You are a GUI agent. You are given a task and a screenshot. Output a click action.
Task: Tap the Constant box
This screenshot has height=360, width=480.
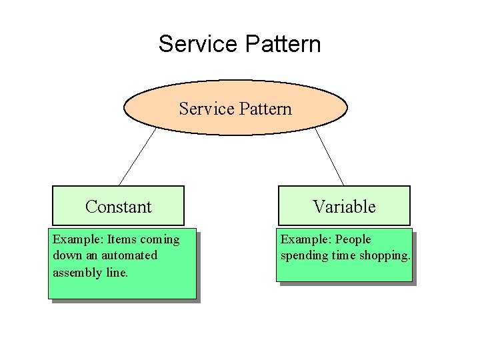pos(118,207)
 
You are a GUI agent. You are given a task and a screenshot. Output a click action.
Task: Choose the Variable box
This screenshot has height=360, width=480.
pos(344,207)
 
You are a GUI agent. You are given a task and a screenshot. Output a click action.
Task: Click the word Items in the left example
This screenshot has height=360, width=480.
pos(121,239)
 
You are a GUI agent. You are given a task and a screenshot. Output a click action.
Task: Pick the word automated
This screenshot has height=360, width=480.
pos(129,255)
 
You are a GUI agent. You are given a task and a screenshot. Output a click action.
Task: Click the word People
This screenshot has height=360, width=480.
pos(353,239)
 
